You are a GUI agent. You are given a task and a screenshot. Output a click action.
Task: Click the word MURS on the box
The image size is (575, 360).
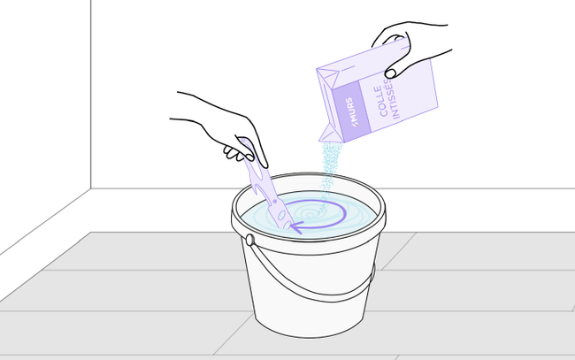(351, 111)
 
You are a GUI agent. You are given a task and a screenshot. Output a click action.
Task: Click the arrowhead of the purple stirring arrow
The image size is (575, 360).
(296, 227)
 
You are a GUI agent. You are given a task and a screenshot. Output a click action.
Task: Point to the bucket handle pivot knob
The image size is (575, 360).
(250, 240)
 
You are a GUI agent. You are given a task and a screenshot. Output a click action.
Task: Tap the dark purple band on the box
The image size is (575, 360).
(351, 108)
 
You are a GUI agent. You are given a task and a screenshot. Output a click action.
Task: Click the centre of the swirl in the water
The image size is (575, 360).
(310, 214)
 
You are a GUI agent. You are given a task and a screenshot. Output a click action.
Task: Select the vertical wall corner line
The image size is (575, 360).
(90, 95)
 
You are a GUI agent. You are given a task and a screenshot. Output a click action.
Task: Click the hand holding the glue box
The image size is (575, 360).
(410, 48)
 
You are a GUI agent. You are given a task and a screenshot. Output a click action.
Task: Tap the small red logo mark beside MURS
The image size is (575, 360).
(355, 125)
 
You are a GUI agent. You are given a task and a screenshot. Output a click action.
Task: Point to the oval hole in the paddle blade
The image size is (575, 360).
(281, 216)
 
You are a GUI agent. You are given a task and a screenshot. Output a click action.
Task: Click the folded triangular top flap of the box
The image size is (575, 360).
(328, 78)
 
